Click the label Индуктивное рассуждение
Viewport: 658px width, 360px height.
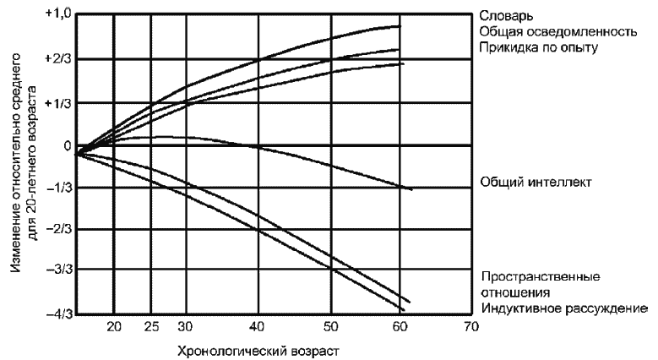(x=564, y=308)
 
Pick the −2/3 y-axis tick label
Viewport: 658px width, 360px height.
(x=58, y=229)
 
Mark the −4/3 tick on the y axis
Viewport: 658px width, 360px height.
(x=58, y=314)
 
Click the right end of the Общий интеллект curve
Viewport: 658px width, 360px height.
(x=411, y=189)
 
